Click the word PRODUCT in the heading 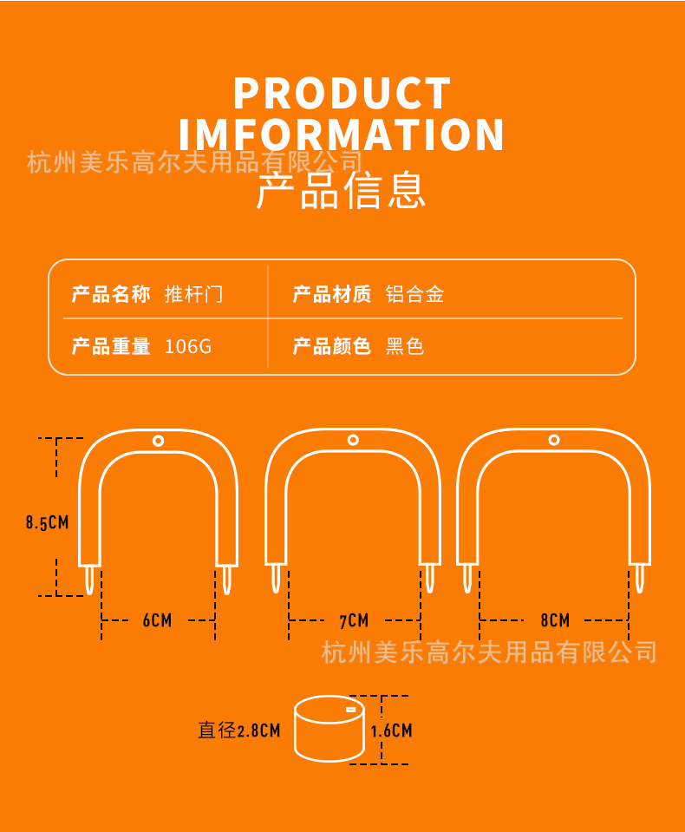pos(342,94)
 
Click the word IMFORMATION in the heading pos(342,135)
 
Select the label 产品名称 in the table pos(111,294)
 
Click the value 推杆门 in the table pos(194,294)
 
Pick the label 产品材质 pos(332,294)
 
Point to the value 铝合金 pos(415,294)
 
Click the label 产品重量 pos(111,347)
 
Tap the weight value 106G pos(188,347)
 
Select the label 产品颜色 pos(332,347)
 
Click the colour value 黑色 pos(405,347)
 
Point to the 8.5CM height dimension pos(47,522)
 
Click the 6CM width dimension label pos(157,620)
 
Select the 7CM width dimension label pos(354,620)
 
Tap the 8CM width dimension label pos(555,620)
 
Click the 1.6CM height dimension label pos(392,730)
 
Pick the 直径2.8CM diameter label pos(239,730)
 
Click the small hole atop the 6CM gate pos(158,441)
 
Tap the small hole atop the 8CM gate pos(554,440)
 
